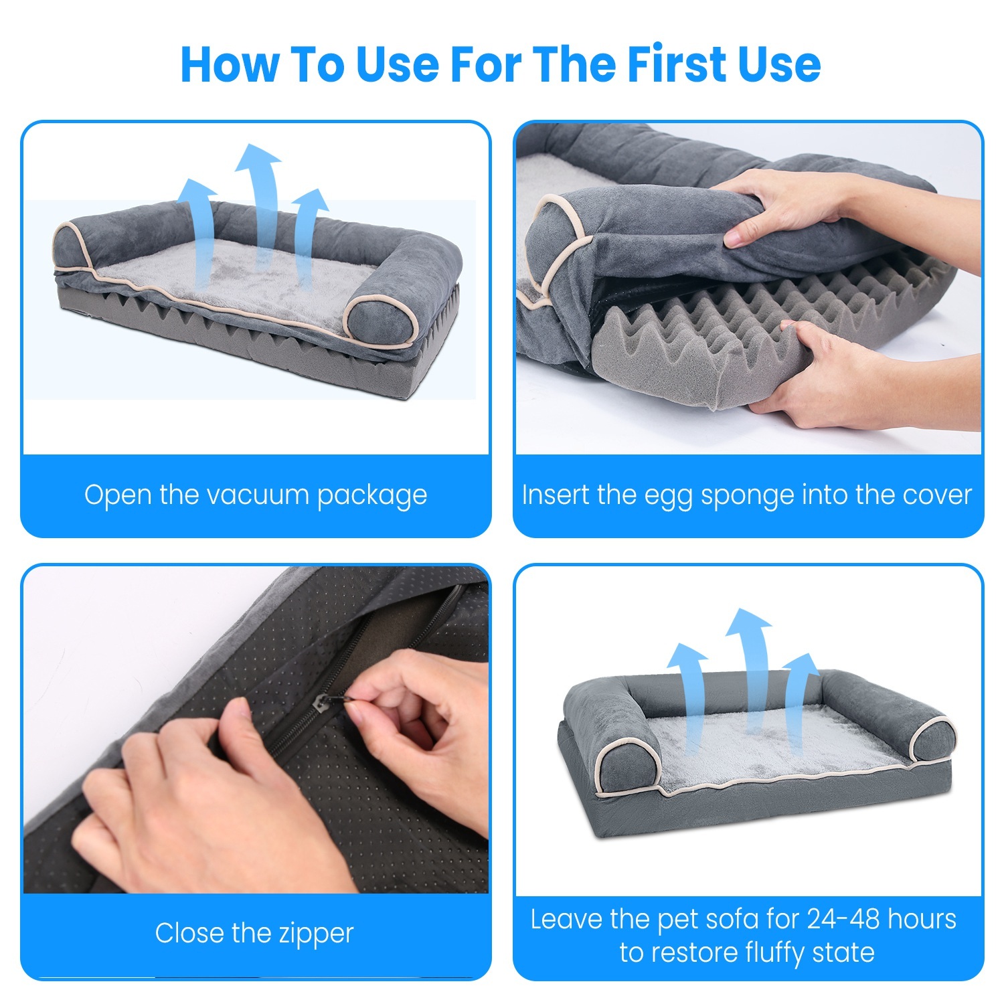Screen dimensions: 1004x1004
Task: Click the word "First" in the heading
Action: click(x=676, y=65)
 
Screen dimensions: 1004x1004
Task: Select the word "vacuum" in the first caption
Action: click(x=258, y=495)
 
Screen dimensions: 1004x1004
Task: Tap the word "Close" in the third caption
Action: click(x=190, y=933)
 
